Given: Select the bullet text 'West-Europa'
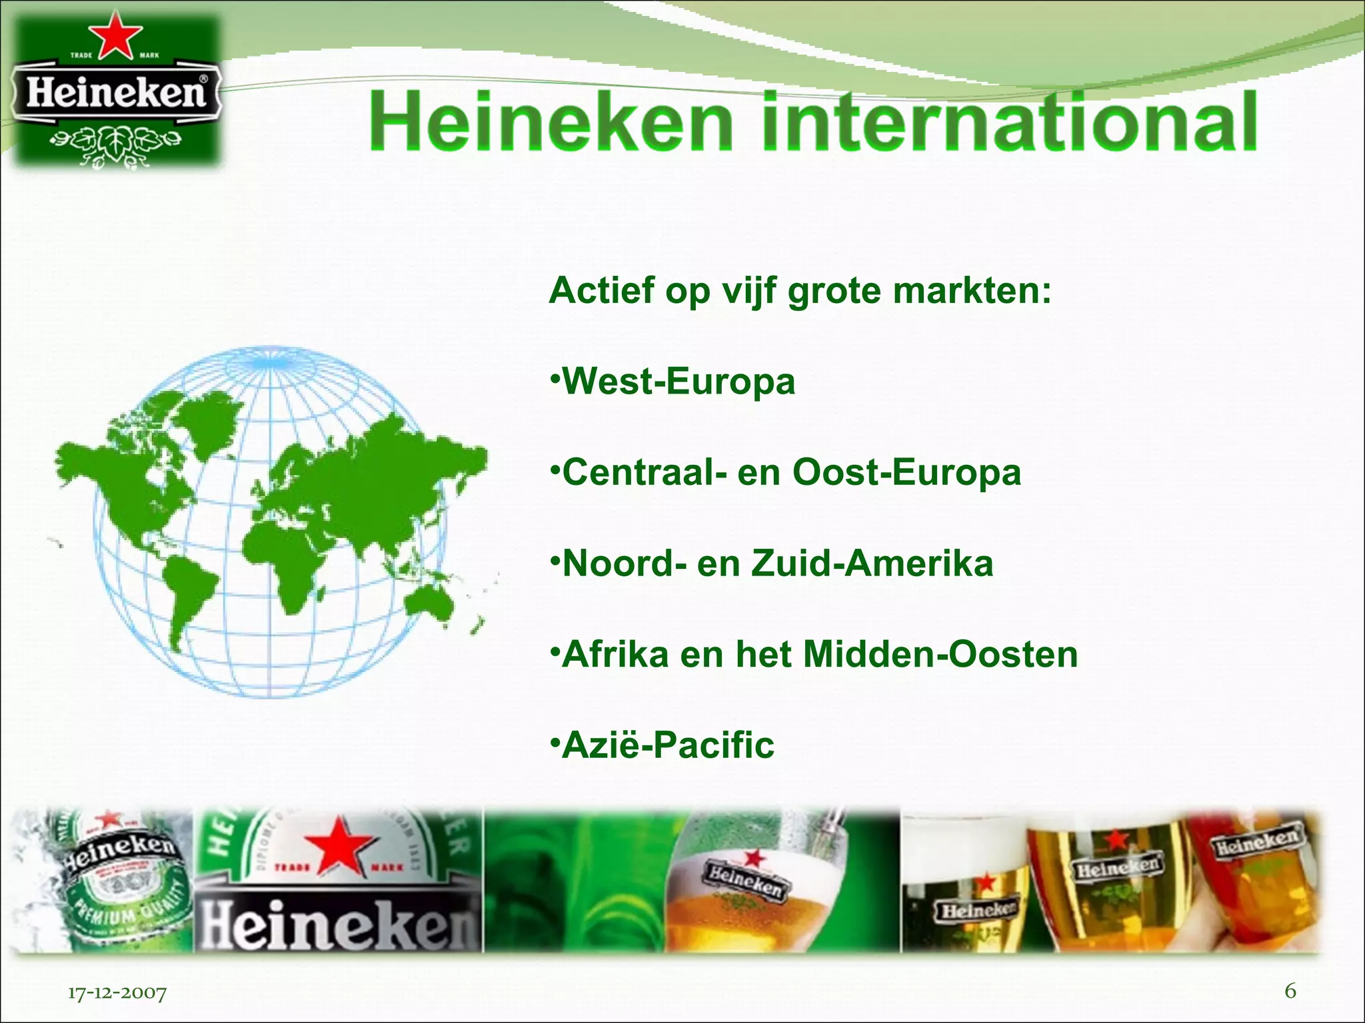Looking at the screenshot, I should click(679, 382).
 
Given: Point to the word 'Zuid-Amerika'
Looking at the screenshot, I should click(872, 563).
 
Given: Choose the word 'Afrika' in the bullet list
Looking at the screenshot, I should click(615, 654).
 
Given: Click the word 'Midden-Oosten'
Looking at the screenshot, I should click(940, 654).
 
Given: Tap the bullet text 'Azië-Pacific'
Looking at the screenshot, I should click(668, 745).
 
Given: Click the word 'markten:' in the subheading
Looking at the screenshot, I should click(972, 291).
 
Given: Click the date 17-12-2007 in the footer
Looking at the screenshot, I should click(117, 993).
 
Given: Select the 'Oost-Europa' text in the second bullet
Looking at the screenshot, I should click(906, 473).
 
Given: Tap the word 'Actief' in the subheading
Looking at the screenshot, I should click(601, 291).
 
